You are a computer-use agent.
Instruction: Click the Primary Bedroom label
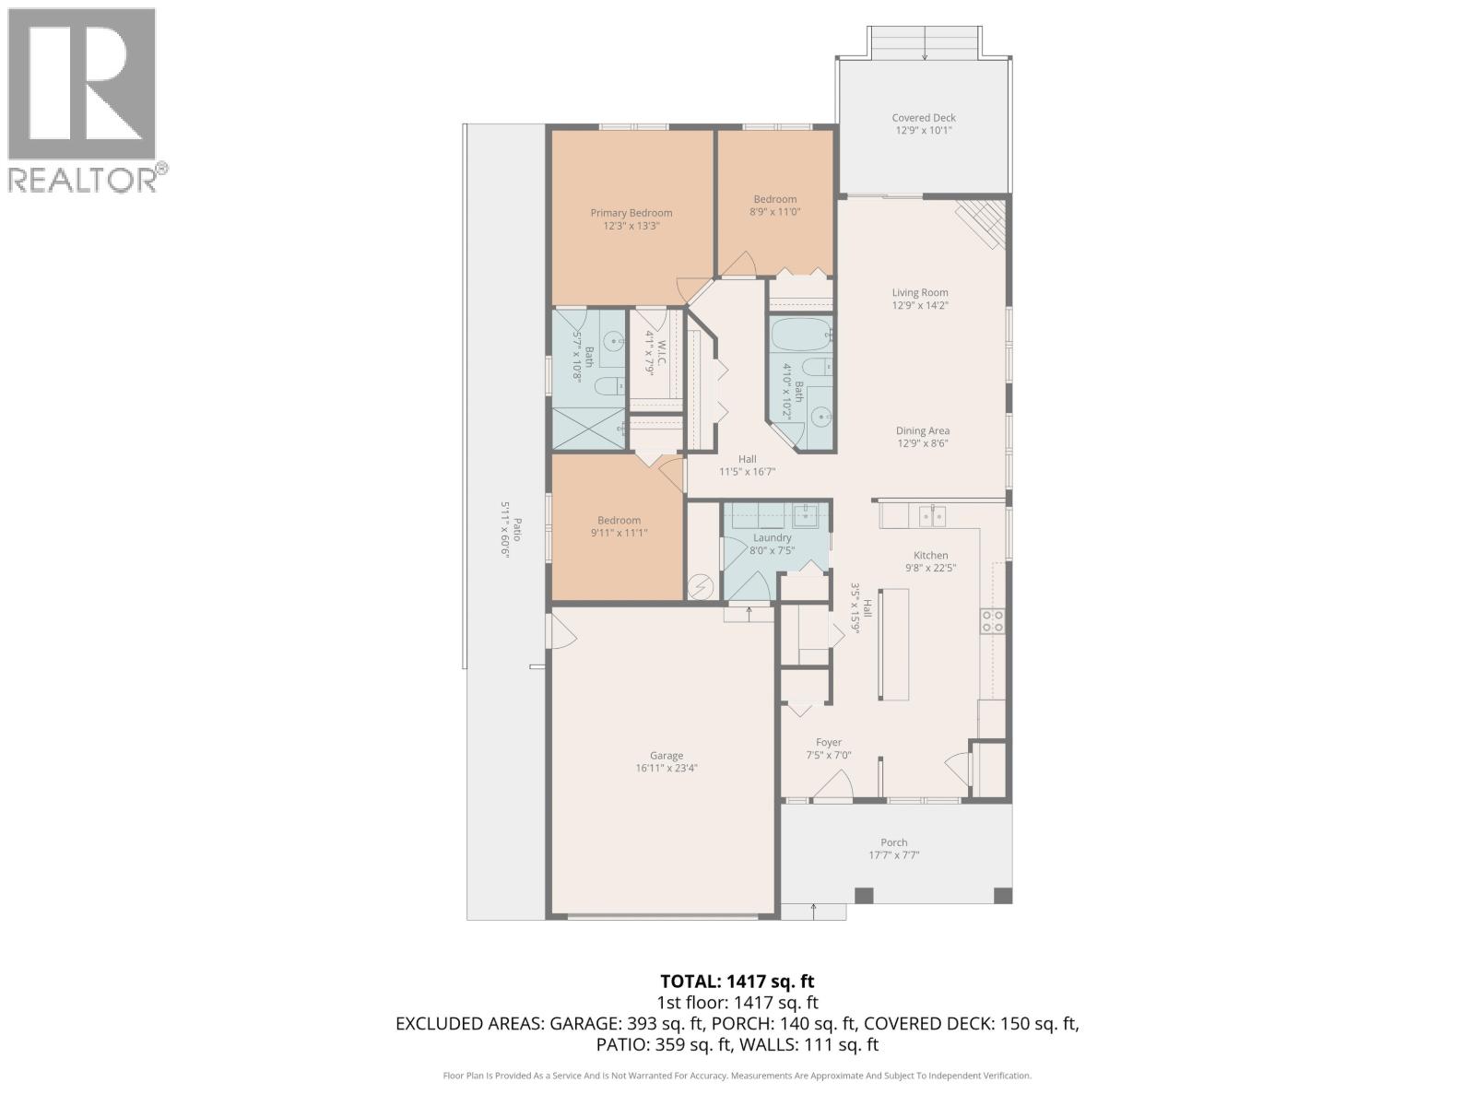point(631,213)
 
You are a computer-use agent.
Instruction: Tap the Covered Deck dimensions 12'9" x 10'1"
point(923,131)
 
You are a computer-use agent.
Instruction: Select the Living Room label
point(919,292)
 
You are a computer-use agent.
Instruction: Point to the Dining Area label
point(922,430)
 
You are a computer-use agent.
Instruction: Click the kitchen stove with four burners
point(992,621)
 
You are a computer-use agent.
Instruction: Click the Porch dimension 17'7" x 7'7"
point(893,855)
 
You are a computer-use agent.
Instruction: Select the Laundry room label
point(772,537)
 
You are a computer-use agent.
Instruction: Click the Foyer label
point(828,742)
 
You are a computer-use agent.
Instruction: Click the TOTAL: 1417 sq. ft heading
point(737,982)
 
